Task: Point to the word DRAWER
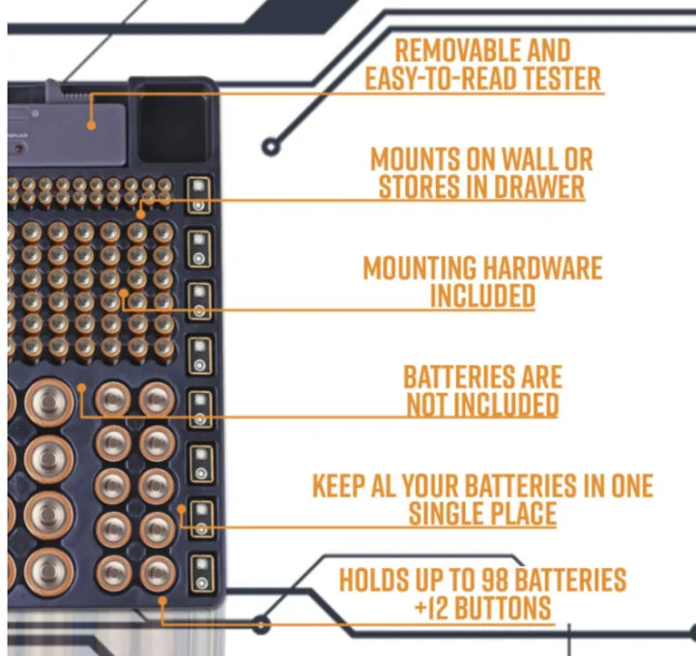(x=539, y=186)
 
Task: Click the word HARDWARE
(x=542, y=268)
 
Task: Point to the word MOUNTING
(x=420, y=268)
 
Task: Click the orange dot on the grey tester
(x=92, y=126)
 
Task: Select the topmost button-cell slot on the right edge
(x=198, y=195)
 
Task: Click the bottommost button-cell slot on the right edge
(x=202, y=573)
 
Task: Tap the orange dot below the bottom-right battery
(x=162, y=601)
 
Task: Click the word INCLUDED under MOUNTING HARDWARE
(x=482, y=296)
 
